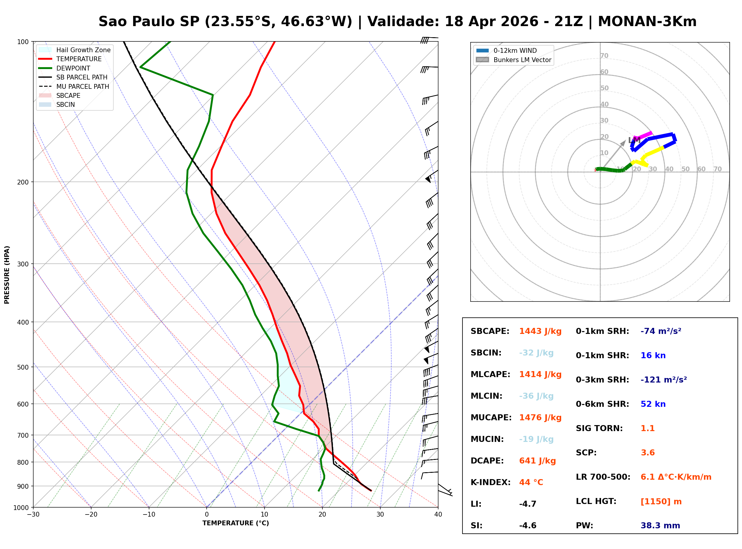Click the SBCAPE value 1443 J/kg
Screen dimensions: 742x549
click(x=540, y=331)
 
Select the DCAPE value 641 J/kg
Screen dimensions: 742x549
click(x=537, y=461)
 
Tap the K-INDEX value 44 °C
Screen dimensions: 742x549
click(x=531, y=482)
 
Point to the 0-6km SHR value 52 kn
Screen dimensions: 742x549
click(x=653, y=404)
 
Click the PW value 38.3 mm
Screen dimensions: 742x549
click(x=660, y=526)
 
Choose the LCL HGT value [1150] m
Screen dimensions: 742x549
click(x=661, y=502)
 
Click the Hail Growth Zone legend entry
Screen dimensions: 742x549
click(x=75, y=50)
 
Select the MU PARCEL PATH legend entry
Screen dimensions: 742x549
click(x=74, y=86)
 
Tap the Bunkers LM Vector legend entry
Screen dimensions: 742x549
click(x=513, y=60)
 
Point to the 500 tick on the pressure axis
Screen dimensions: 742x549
click(x=22, y=367)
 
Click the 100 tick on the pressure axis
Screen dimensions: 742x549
click(x=22, y=41)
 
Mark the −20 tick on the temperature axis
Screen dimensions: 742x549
click(x=91, y=514)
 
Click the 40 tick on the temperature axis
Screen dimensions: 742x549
click(x=438, y=514)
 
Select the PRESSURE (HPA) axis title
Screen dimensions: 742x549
click(x=7, y=275)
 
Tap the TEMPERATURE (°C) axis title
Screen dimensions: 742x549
click(x=236, y=523)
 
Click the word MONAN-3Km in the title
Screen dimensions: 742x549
click(x=647, y=22)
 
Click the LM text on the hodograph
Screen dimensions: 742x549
click(x=634, y=140)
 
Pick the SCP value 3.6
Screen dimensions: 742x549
click(x=648, y=453)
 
